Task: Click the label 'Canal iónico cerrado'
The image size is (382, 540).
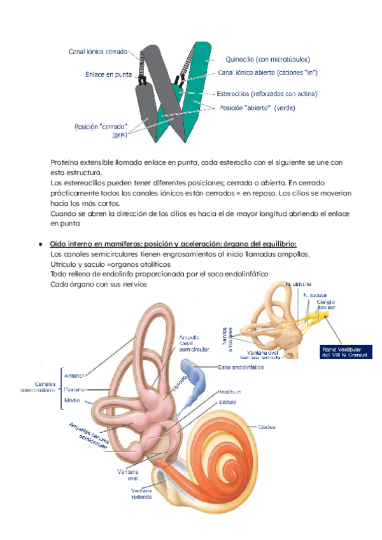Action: (x=98, y=52)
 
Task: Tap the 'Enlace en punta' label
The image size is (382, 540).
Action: (x=108, y=75)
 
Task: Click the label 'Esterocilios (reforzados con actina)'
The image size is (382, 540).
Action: (x=267, y=94)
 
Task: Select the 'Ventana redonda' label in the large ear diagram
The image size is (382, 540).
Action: (x=141, y=495)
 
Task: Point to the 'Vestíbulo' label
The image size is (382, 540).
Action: (x=229, y=392)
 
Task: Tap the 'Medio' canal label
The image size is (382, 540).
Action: (x=72, y=401)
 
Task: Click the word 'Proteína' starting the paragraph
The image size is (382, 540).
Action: (x=66, y=162)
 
